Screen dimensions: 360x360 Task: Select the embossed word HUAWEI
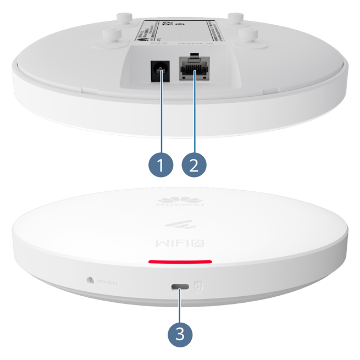point(180,209)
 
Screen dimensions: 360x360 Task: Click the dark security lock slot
point(180,287)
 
